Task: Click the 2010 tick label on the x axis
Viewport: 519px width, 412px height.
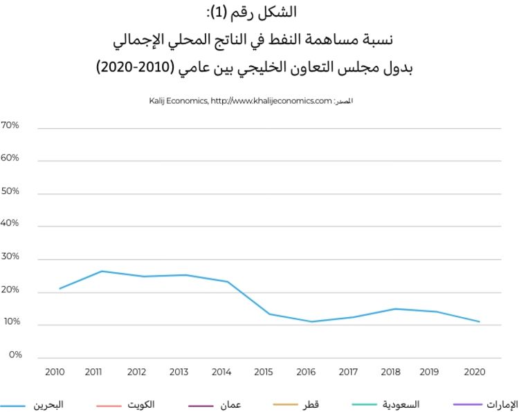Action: [x=54, y=372]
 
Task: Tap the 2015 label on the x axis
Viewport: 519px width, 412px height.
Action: [x=263, y=372]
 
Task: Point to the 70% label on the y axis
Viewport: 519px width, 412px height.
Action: [x=10, y=125]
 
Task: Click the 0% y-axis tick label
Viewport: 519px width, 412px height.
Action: [x=15, y=355]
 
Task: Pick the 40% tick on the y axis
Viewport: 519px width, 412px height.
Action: [x=10, y=224]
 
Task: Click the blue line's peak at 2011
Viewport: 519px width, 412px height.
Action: [x=102, y=271]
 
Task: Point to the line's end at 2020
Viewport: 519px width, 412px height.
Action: [x=480, y=321]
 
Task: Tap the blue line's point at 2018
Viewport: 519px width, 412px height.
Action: [x=395, y=309]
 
